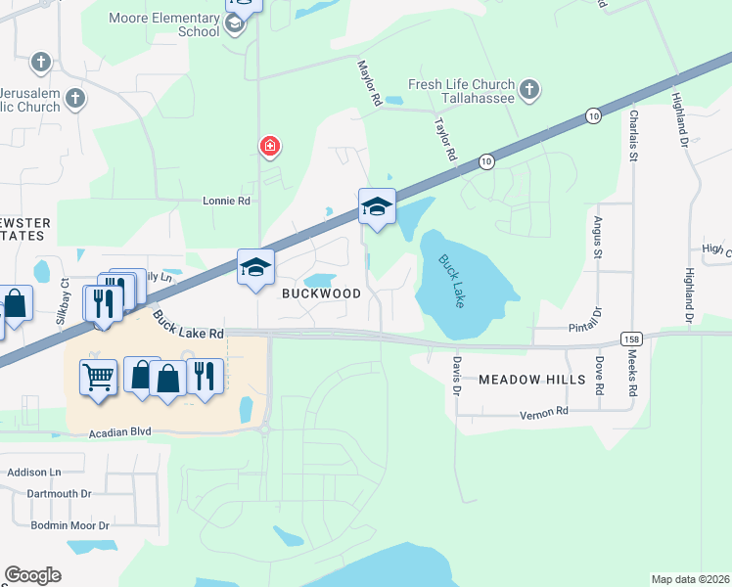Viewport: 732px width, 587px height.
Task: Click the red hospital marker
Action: (x=269, y=147)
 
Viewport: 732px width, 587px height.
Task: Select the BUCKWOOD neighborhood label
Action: (x=322, y=293)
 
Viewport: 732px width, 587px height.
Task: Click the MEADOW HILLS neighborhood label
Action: (x=532, y=378)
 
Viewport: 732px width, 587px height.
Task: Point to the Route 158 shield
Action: (x=631, y=339)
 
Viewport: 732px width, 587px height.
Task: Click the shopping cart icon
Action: (x=98, y=375)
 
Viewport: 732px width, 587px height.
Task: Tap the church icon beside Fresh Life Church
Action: (x=529, y=91)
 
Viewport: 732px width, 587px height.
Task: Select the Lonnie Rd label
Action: (x=226, y=201)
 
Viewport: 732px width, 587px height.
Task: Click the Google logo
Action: (x=32, y=575)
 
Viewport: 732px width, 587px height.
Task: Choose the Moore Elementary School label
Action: (x=164, y=24)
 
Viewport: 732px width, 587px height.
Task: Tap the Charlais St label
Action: (x=634, y=135)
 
